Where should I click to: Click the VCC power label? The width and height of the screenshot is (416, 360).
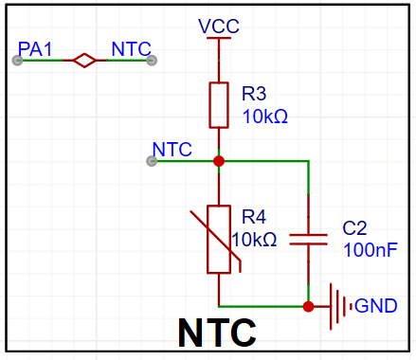tap(219, 27)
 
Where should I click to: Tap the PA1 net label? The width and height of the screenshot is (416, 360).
tap(35, 49)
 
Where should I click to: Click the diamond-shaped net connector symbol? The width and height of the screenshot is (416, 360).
tap(84, 60)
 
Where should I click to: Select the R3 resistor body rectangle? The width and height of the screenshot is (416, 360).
tap(219, 105)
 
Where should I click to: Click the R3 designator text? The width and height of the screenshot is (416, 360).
tap(254, 94)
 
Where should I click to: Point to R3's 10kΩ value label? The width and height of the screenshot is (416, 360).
tap(265, 117)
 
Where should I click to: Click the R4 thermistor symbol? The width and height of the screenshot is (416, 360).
tap(219, 240)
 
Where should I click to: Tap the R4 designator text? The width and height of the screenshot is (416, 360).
tap(254, 217)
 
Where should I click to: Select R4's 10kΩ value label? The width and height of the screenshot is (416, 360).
tap(254, 240)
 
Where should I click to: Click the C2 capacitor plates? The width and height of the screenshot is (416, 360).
tap(308, 240)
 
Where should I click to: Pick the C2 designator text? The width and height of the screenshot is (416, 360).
tap(354, 228)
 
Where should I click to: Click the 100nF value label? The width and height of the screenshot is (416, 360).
tap(371, 250)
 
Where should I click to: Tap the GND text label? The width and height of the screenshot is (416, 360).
tap(376, 306)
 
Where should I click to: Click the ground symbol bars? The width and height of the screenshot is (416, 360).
tap(341, 306)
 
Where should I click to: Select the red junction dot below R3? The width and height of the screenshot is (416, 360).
tap(219, 161)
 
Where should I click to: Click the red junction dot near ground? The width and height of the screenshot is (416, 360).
tap(308, 306)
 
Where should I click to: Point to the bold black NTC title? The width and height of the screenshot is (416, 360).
tap(217, 333)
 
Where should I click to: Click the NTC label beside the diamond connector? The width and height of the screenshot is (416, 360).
tap(132, 49)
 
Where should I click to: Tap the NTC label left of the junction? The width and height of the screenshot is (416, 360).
tap(172, 150)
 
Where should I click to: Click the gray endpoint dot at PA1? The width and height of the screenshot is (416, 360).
tap(17, 60)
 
